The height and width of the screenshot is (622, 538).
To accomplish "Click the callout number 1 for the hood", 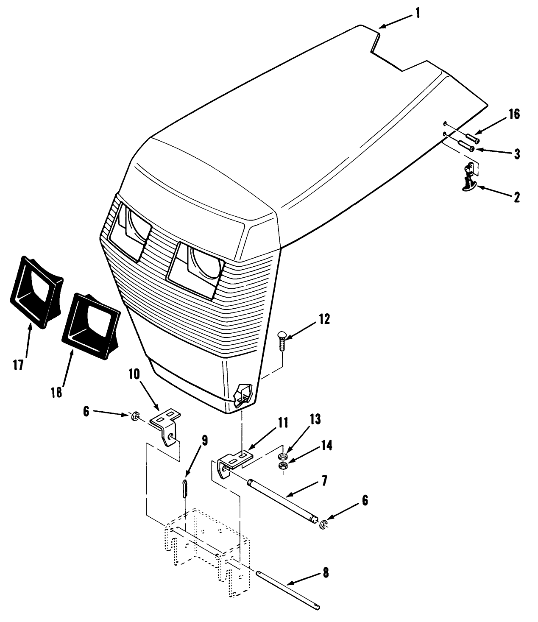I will point(417,13).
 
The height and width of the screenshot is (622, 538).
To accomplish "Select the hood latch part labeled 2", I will point(469,179).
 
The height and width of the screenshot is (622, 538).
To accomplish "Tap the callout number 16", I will point(514,115).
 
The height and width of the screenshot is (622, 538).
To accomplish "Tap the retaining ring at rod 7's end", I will point(323,525).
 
